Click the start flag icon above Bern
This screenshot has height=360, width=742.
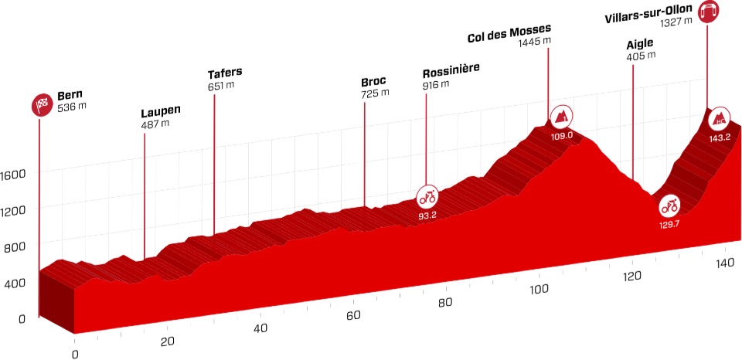click(41, 104)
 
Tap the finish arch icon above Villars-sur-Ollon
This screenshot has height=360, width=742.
click(707, 12)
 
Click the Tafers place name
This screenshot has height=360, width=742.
click(225, 74)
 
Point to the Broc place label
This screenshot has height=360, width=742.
click(373, 81)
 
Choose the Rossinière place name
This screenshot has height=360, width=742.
click(451, 70)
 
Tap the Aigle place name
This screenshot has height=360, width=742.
click(641, 44)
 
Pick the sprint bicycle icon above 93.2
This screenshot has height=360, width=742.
click(427, 195)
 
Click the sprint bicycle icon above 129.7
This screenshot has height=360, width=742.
click(669, 205)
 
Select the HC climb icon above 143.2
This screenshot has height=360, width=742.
click(720, 117)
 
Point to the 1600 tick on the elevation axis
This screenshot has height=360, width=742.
click(15, 174)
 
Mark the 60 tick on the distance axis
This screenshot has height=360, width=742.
click(353, 315)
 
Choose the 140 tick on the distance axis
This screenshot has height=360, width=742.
click(724, 264)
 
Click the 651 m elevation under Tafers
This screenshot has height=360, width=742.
click(220, 86)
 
